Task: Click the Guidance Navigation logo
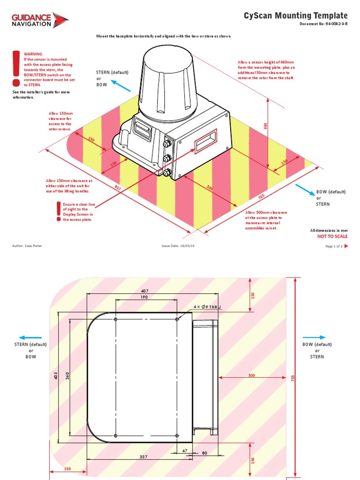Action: (x=40, y=20)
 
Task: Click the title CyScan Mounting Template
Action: (x=296, y=16)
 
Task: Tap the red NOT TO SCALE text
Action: (x=332, y=237)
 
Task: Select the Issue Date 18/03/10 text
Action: (x=178, y=246)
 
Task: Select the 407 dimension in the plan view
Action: (x=144, y=291)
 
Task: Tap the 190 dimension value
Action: (x=144, y=298)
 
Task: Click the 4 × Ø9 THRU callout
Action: (x=207, y=307)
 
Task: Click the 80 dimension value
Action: (x=204, y=453)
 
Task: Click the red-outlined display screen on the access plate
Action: (x=206, y=141)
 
